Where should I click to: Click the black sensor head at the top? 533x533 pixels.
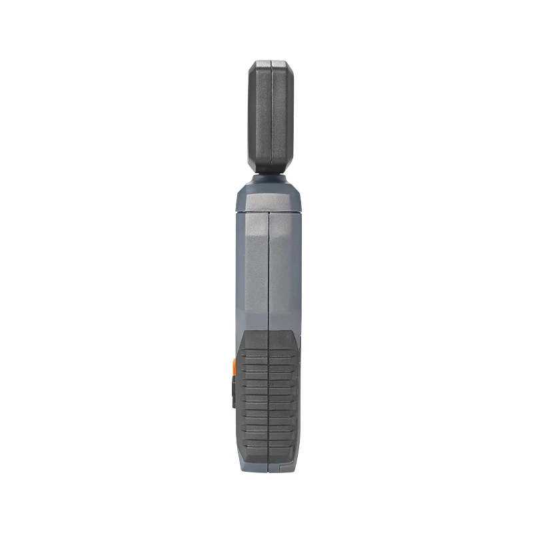[270, 117]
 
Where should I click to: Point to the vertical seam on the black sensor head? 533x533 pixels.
[272, 117]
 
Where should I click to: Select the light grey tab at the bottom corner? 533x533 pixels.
[287, 467]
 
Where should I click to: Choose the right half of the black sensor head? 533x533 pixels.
[280, 117]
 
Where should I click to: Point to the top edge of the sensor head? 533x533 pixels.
[270, 61]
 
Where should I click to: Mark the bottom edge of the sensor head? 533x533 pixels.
[270, 171]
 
